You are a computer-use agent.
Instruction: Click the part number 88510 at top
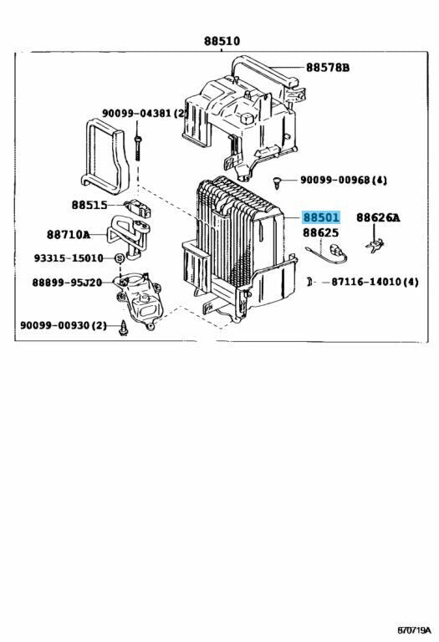(220, 40)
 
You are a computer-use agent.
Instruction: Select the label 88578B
(327, 68)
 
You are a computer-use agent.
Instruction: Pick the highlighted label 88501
(321, 217)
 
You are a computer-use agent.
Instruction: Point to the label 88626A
(378, 217)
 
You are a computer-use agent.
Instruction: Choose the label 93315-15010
(69, 258)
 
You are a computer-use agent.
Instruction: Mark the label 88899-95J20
(67, 283)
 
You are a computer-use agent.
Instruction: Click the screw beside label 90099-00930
(125, 327)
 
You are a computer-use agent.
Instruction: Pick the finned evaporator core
(230, 238)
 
